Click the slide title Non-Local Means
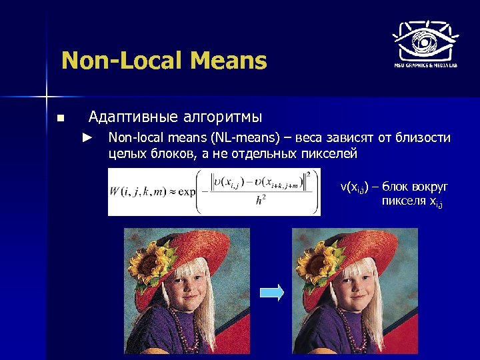(163, 61)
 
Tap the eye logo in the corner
(425, 41)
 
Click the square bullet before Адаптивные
(60, 119)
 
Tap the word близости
(425, 138)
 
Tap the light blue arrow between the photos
(271, 292)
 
